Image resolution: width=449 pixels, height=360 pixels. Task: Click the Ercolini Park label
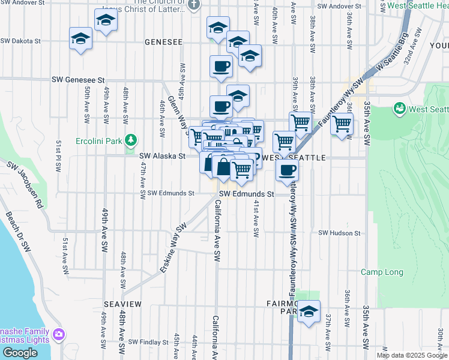click(x=98, y=142)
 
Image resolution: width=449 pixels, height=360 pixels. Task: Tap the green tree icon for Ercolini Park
click(x=131, y=142)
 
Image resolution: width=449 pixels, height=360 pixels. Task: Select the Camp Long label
click(x=382, y=272)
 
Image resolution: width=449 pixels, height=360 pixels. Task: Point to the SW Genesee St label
click(x=78, y=79)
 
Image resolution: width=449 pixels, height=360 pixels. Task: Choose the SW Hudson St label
click(x=339, y=233)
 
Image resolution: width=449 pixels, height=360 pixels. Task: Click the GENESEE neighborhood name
click(x=163, y=42)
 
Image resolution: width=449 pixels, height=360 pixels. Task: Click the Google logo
click(x=20, y=353)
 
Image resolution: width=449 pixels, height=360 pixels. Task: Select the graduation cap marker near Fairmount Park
click(x=309, y=311)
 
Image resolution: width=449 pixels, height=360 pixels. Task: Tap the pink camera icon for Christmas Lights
click(x=58, y=334)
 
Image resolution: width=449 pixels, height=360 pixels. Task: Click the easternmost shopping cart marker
click(x=342, y=124)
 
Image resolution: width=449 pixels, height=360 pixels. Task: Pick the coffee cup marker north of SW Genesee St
click(x=221, y=66)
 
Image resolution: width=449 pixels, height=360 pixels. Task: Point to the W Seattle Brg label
click(x=391, y=53)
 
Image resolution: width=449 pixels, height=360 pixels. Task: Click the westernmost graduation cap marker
click(x=80, y=39)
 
